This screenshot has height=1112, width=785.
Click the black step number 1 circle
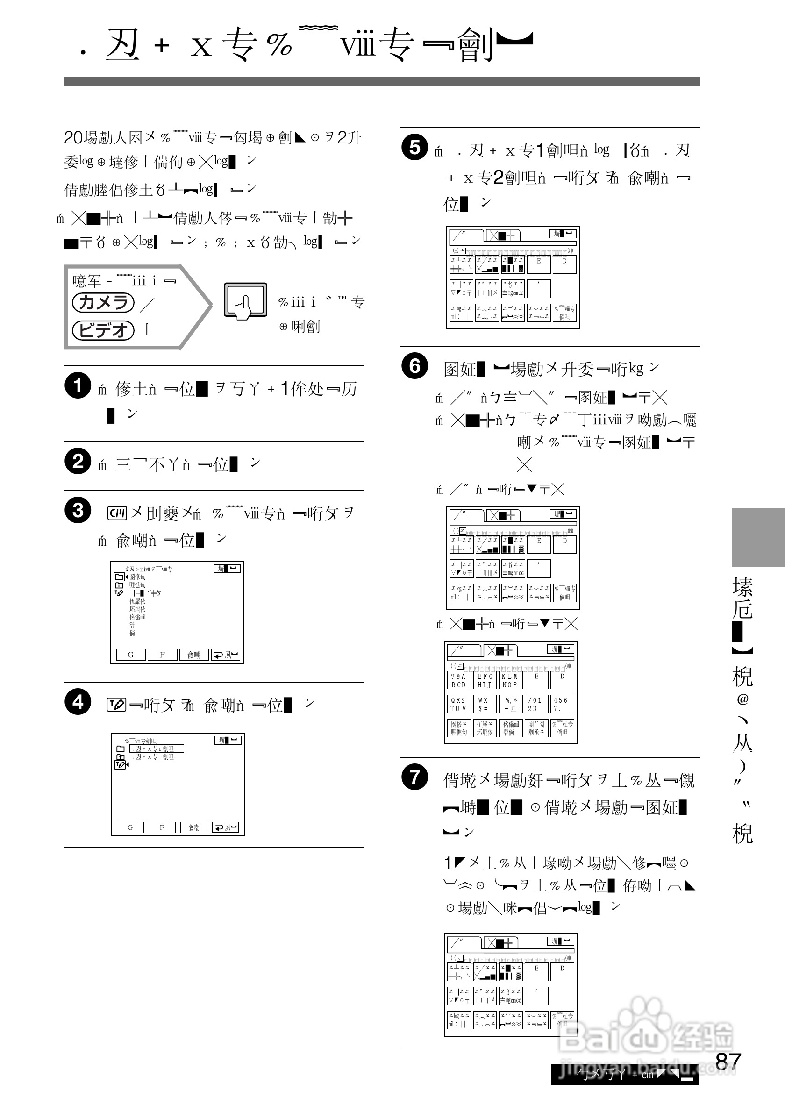[x=78, y=385]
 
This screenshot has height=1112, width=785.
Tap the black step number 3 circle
[x=78, y=510]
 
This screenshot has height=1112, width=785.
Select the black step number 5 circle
[x=414, y=147]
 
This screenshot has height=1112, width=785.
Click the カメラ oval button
[x=103, y=302]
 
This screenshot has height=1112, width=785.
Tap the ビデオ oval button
[x=103, y=330]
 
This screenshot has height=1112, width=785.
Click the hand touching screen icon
[x=245, y=301]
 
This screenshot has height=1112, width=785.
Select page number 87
[x=728, y=1062]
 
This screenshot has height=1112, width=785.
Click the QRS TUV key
[x=458, y=704]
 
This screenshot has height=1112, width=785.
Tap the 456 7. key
[x=562, y=704]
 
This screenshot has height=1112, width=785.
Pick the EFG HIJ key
[x=485, y=680]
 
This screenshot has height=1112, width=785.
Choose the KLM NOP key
[x=510, y=680]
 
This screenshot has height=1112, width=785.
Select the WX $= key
[x=484, y=704]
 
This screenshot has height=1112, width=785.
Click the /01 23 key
[x=535, y=704]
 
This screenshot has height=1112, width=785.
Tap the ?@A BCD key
[x=458, y=680]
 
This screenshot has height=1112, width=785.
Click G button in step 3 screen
[x=130, y=655]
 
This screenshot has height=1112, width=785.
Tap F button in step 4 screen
[x=162, y=827]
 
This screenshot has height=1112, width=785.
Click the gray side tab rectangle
[x=757, y=537]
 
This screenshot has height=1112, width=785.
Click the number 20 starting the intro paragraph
[x=72, y=138]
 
